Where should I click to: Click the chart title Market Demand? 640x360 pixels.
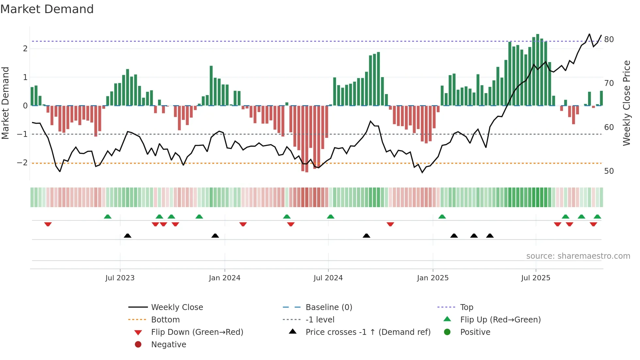pos(47,9)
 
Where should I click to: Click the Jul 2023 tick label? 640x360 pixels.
pos(120,278)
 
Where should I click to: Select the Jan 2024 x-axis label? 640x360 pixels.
pos(225,278)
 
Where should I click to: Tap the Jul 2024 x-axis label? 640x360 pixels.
pos(328,278)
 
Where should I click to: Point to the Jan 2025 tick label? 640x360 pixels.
pos(433,278)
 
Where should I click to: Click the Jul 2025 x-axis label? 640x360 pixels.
pos(536,278)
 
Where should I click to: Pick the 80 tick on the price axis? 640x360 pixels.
pos(609,40)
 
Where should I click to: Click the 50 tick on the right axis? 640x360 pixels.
pos(609,171)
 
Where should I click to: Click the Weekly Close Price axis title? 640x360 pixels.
pos(626,103)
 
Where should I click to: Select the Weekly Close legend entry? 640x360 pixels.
pos(177,307)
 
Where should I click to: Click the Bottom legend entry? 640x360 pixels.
pos(165,320)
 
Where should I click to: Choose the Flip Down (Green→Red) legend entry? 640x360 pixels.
pos(197,332)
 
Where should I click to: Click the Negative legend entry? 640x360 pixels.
pos(168,345)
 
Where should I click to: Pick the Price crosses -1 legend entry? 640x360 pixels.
pos(368,332)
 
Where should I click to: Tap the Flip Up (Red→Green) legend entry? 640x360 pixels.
pos(500,320)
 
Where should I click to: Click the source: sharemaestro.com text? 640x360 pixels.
pos(578,256)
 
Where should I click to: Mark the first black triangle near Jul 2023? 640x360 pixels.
pos(128,236)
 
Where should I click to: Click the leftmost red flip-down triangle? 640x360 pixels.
pos(48,224)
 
